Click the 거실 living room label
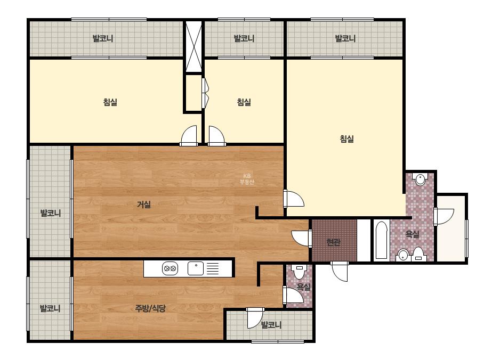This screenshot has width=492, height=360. [144, 205]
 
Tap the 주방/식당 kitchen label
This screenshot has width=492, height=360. [150, 308]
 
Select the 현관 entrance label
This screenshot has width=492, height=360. [333, 242]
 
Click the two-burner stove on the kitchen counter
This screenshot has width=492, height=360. [170, 269]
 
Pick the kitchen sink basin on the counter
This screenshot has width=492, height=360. [196, 269]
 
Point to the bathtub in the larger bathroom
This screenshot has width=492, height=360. [381, 241]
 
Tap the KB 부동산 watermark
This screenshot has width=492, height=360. [247, 179]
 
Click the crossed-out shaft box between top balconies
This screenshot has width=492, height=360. [193, 46]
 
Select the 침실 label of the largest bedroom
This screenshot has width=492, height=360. [346, 139]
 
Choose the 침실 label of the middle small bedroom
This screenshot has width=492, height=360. [244, 102]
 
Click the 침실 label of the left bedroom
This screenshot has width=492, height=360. [110, 102]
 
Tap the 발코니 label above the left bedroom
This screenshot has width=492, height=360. [102, 38]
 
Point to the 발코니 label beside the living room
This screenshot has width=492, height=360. [50, 213]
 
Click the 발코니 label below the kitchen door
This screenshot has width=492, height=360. [271, 325]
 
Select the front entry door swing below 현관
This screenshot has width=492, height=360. [339, 271]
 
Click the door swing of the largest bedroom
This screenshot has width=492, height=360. [294, 199]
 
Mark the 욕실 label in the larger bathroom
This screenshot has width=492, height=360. [412, 234]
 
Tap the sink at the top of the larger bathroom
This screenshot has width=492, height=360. [420, 179]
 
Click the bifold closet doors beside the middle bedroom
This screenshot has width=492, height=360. [205, 93]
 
